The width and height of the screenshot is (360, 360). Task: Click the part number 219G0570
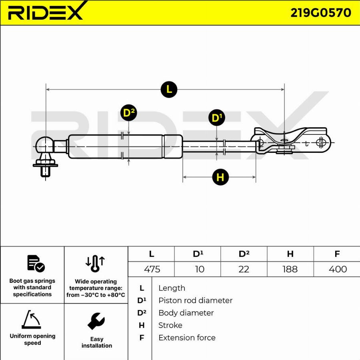tap(320, 13)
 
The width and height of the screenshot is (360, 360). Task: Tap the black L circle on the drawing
tap(169, 89)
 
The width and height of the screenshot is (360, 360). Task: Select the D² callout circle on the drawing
tap(128, 113)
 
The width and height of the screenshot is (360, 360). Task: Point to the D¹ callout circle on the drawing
tap(216, 118)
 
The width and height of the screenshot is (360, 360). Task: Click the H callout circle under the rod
tap(220, 177)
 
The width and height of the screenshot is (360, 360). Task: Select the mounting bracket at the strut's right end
tap(291, 141)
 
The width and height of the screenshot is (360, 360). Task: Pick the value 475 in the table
tap(152, 269)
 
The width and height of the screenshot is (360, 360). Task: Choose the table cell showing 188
tap(290, 269)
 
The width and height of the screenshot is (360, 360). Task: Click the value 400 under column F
tap(337, 269)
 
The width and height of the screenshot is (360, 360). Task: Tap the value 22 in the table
tap(244, 269)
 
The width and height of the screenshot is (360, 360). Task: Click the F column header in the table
tap(337, 254)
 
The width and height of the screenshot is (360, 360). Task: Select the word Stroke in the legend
tap(170, 325)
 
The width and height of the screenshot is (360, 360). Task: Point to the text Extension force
tap(187, 338)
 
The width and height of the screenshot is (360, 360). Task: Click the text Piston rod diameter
tap(195, 300)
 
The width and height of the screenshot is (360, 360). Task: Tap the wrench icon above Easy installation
tap(96, 321)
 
